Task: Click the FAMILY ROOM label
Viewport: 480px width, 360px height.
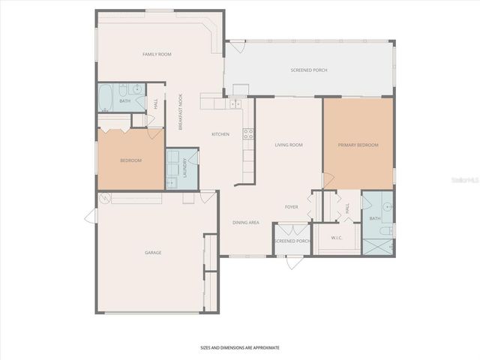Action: [x=157, y=54]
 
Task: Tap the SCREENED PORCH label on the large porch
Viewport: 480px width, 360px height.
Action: [x=308, y=70]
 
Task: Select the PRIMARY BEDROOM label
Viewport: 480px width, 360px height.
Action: [x=358, y=145]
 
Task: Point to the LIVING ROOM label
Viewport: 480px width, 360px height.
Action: [x=288, y=145]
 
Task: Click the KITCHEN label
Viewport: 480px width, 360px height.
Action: [x=220, y=134]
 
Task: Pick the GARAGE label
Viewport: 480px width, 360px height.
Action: [x=153, y=253]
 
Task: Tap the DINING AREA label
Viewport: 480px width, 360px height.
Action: [x=245, y=222]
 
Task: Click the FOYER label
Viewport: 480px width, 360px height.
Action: [x=292, y=206]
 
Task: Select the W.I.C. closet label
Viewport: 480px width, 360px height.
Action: [x=337, y=238]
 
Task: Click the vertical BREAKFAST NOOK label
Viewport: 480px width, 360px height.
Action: [x=180, y=111]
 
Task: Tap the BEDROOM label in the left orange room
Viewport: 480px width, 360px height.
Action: [x=130, y=160]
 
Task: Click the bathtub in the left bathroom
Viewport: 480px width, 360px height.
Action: [x=105, y=98]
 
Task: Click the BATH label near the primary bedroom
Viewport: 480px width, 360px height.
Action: [x=374, y=218]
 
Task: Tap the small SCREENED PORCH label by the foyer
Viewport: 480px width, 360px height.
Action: [x=292, y=241]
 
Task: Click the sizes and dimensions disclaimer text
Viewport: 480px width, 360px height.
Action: [x=239, y=348]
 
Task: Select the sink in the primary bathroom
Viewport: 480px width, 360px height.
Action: [x=386, y=204]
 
